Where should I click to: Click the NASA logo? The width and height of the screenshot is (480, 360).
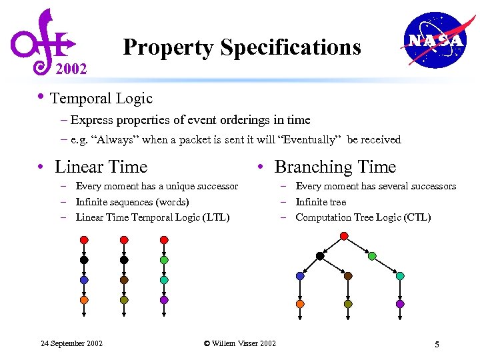pos(434,40)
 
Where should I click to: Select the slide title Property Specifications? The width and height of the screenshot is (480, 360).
pos(242,47)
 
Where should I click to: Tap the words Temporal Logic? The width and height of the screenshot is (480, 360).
pos(101,99)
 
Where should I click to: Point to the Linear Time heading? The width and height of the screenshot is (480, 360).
pos(101,167)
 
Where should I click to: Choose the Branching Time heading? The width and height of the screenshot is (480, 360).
pos(335,167)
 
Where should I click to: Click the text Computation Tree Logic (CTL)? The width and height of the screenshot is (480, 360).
pos(363,217)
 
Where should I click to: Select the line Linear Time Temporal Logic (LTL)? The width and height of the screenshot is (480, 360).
pos(153,217)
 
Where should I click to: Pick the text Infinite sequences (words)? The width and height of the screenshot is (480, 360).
pos(132,202)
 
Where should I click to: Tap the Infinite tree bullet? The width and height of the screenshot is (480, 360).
pos(321,202)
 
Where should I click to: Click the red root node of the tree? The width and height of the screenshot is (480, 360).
pos(344,236)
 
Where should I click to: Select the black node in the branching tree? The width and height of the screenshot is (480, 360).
pos(320,256)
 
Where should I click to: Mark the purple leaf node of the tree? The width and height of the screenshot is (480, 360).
pos(400,303)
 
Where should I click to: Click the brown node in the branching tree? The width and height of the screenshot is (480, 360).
pos(348,275)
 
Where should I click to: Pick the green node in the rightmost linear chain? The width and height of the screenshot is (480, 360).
pos(164,259)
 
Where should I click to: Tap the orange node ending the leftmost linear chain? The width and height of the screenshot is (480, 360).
pos(84,300)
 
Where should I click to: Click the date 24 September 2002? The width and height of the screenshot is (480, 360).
pos(71,343)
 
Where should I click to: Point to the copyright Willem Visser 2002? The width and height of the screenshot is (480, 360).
pos(239,343)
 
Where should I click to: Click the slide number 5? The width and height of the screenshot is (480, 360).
pos(437,344)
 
